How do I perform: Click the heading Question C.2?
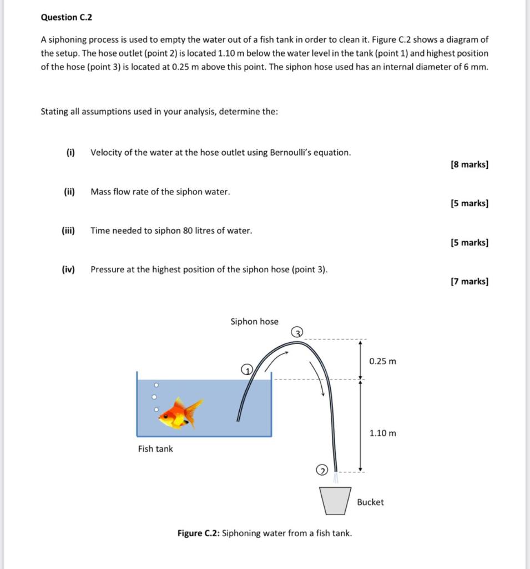(x=67, y=17)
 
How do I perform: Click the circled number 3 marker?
(x=297, y=332)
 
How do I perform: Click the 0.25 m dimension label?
(x=383, y=361)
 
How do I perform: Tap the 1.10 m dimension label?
(x=383, y=433)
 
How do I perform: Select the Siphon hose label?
(x=255, y=321)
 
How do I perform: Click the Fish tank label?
(x=155, y=448)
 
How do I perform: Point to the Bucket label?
(x=370, y=502)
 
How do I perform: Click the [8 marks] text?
(x=470, y=164)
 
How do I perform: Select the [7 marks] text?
(x=470, y=281)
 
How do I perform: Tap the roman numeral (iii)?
(x=68, y=230)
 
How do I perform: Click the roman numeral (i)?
(x=70, y=152)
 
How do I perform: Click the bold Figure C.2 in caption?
(x=198, y=533)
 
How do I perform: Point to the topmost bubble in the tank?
(x=157, y=385)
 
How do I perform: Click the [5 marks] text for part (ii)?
(x=470, y=203)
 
